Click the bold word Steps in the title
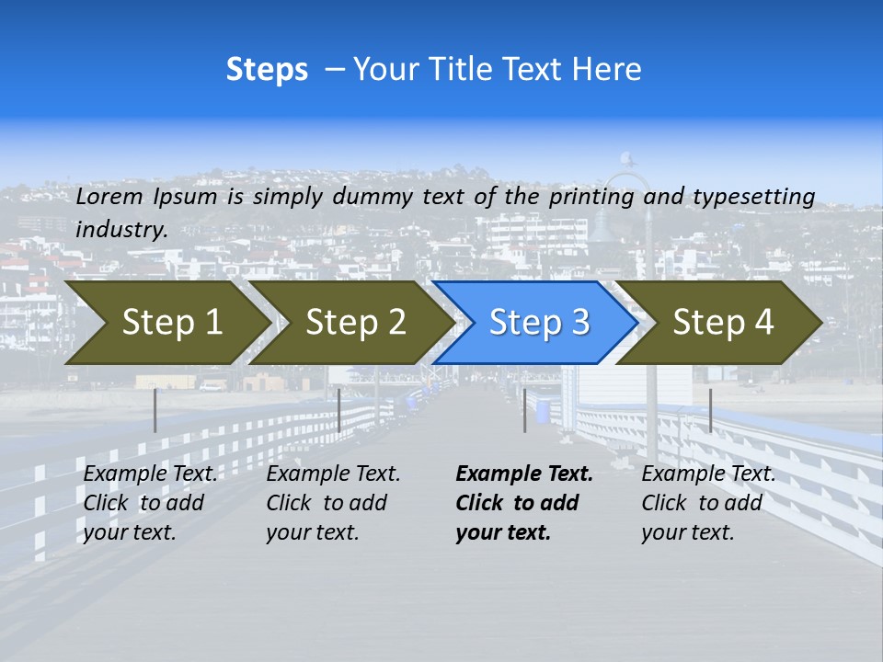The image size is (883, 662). click(x=267, y=70)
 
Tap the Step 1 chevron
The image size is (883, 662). click(x=171, y=323)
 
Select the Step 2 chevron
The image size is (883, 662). click(x=355, y=323)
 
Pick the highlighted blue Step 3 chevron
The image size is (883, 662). click(x=539, y=323)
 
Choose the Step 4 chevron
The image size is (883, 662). click(x=723, y=323)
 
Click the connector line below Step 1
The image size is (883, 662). click(x=155, y=410)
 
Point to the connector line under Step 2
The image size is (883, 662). click(x=339, y=410)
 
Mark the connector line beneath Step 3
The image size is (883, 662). click(x=524, y=410)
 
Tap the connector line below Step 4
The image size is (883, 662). click(x=710, y=410)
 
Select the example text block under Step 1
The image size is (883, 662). click(x=150, y=503)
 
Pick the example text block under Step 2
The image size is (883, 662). click(x=333, y=503)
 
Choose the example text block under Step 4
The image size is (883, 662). click(x=708, y=503)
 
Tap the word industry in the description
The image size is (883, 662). click(x=120, y=230)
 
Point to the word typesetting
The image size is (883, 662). click(x=753, y=197)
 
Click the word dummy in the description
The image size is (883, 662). click(x=373, y=197)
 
